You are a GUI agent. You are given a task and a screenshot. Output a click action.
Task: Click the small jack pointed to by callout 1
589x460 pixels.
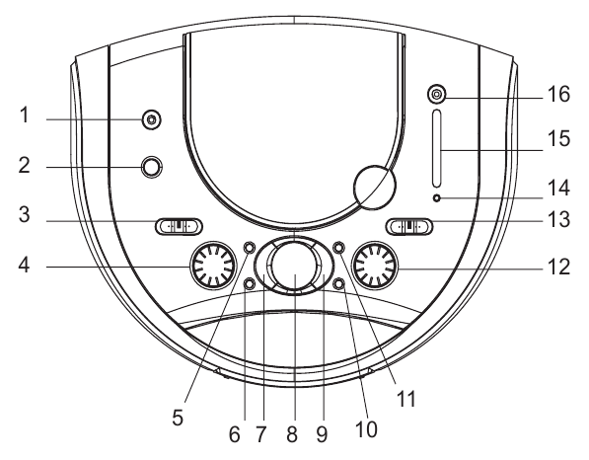coord(151,119)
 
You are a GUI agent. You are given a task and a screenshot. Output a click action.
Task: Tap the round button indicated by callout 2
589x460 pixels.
coord(151,167)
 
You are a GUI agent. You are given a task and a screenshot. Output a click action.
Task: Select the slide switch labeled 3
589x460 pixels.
coord(179,226)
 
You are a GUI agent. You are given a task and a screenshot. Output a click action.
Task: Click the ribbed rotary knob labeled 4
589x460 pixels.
coord(213,266)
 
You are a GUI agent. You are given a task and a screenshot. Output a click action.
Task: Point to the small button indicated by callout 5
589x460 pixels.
coord(249,248)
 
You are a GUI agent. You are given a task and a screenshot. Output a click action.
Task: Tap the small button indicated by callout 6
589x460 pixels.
coord(249,284)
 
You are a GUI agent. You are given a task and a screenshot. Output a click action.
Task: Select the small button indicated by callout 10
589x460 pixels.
coord(338,284)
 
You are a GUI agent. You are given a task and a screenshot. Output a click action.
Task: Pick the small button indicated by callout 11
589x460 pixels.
coord(338,248)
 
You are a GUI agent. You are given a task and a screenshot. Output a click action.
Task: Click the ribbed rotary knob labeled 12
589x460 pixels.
coord(375,266)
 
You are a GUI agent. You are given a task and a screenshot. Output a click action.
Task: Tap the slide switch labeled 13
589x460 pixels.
coord(409,226)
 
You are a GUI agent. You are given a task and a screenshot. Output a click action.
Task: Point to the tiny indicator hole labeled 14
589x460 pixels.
coord(436,198)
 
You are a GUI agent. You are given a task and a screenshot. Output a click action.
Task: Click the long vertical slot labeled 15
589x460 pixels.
coord(436,148)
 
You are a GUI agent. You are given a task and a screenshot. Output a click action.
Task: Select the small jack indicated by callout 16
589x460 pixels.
coord(436,94)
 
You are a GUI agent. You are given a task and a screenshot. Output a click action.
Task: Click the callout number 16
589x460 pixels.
coord(559,94)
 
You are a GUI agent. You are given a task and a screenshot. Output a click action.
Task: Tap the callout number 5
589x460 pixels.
coord(178,418)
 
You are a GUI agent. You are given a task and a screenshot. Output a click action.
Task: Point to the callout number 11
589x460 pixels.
coord(405,399)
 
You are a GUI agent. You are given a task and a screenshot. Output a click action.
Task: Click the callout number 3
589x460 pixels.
coord(25,214)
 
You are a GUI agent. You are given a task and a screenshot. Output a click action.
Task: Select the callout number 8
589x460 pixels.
coord(292,434)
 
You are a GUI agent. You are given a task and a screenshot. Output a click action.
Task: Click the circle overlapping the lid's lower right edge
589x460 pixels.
coord(375,187)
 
